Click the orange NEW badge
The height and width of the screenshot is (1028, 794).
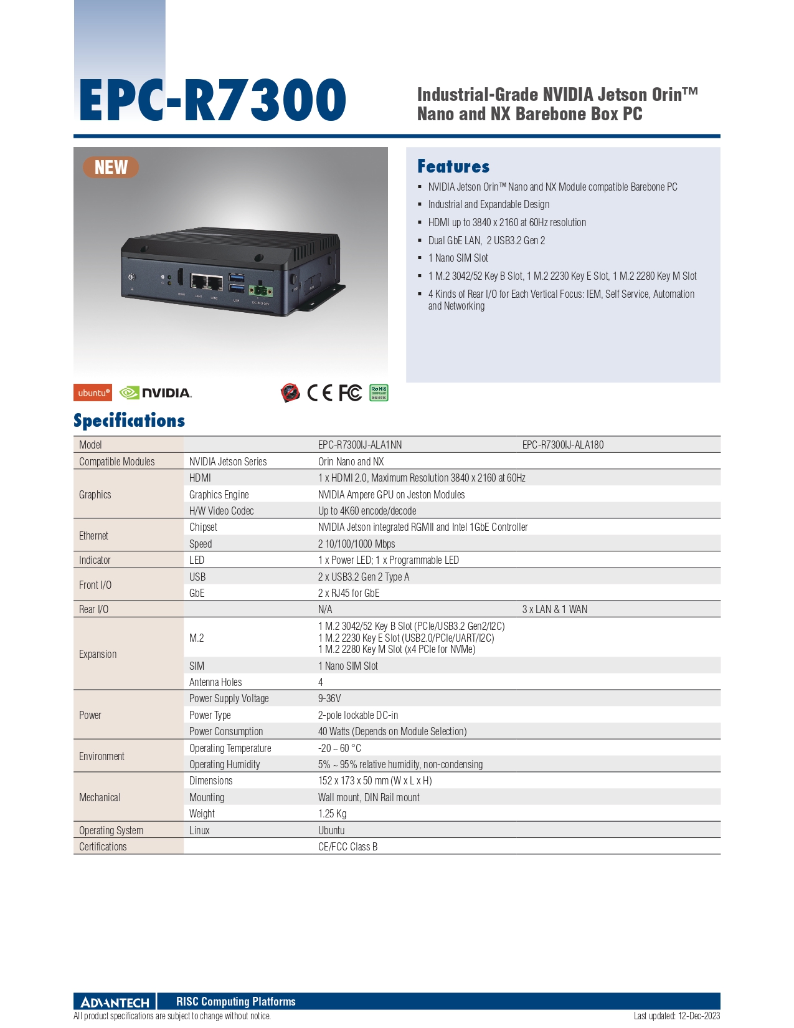click(x=111, y=168)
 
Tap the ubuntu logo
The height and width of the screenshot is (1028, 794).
click(x=93, y=393)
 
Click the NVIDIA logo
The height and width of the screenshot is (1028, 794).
click(x=156, y=393)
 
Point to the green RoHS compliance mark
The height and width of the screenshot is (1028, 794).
click(x=379, y=393)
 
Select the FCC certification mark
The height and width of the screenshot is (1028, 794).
click(x=350, y=393)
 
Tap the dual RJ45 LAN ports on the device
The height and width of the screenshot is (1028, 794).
click(x=207, y=282)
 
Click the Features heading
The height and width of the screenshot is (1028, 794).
click(x=453, y=166)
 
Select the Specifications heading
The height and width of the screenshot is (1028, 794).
click(x=129, y=421)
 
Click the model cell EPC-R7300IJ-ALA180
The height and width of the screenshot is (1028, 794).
click(x=563, y=445)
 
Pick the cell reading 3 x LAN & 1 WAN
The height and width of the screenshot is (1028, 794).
click(x=555, y=609)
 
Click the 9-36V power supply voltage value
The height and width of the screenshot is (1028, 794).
click(x=329, y=699)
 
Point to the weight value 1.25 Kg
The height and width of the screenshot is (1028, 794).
click(x=332, y=814)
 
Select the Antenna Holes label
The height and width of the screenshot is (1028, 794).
click(x=215, y=682)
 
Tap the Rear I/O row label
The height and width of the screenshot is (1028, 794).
click(x=93, y=609)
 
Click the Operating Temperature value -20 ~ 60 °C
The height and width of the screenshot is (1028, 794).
click(x=339, y=748)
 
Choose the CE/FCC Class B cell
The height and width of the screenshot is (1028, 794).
click(x=347, y=847)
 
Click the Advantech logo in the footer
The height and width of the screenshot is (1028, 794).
click(x=115, y=1002)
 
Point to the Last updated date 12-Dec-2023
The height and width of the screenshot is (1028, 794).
click(x=699, y=1016)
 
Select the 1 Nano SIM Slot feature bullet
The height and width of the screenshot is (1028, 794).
click(x=458, y=259)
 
